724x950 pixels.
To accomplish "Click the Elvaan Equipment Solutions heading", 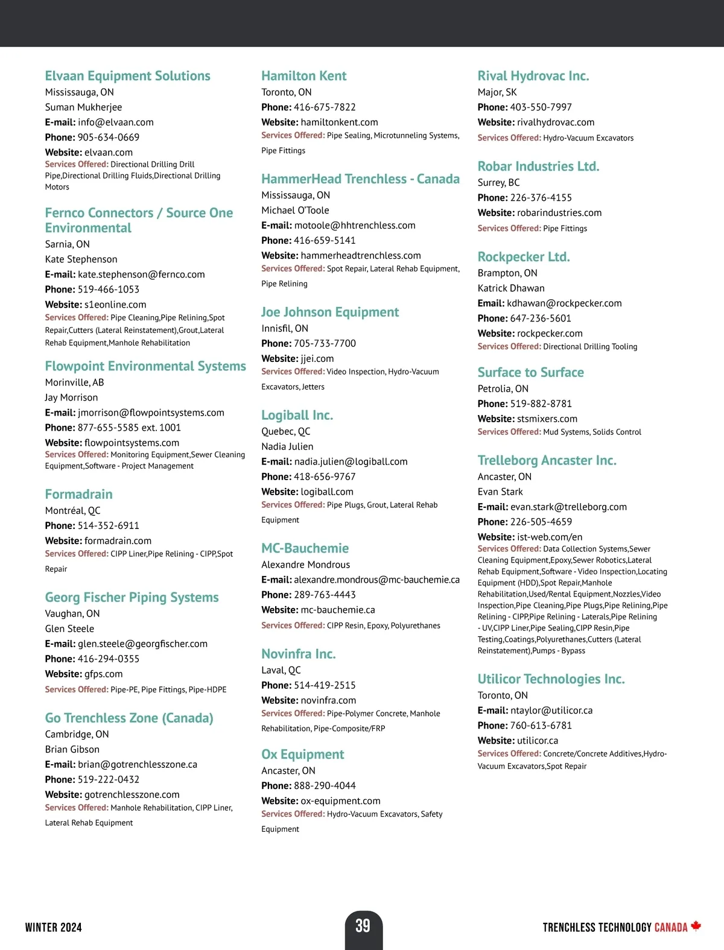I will tap(127, 76).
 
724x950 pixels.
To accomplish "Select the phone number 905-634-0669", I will tap(109, 138).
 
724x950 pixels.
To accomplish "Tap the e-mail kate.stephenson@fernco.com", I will tap(141, 274).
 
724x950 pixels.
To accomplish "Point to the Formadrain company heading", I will tap(78, 495).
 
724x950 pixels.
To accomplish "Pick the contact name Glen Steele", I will tap(69, 629).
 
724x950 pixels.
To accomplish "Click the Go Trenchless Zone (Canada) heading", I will tap(129, 718).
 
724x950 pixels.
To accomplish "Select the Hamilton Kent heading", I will tap(303, 76).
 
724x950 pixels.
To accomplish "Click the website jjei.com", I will tap(317, 359).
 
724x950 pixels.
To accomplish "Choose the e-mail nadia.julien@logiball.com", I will tap(351, 461).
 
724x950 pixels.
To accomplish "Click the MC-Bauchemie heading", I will tap(305, 548).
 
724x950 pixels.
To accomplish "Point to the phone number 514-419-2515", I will tap(325, 685).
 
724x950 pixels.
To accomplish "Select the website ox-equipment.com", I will tap(340, 801).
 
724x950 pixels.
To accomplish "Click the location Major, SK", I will tap(497, 92).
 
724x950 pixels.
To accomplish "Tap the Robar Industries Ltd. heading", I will tap(538, 166).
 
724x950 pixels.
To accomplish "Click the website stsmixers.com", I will tap(547, 419).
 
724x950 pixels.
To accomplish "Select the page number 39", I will tap(363, 926).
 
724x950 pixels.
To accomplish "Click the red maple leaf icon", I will tap(696, 926).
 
